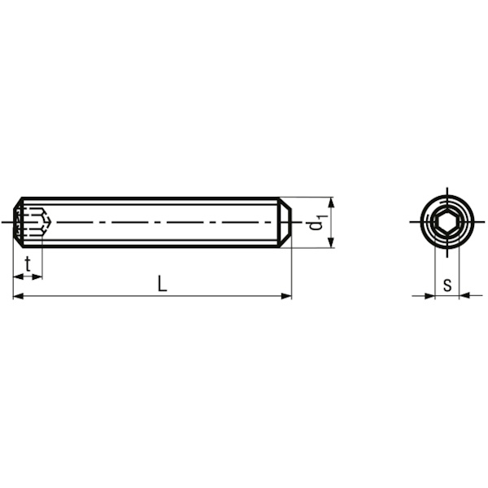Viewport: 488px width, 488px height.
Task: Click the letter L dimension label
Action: coord(162,283)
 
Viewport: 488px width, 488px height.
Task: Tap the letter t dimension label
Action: coord(28,264)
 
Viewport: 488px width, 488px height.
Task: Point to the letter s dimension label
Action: coord(447,284)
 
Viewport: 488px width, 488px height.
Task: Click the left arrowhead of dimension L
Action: coord(18,296)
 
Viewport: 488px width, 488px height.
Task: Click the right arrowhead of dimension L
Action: coord(286,296)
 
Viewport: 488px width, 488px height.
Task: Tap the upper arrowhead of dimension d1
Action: coord(332,202)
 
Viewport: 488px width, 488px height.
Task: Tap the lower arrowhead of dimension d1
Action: coord(332,242)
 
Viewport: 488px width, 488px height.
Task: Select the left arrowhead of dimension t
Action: coord(19,277)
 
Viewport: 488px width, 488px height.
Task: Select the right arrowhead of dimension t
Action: coord(37,277)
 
